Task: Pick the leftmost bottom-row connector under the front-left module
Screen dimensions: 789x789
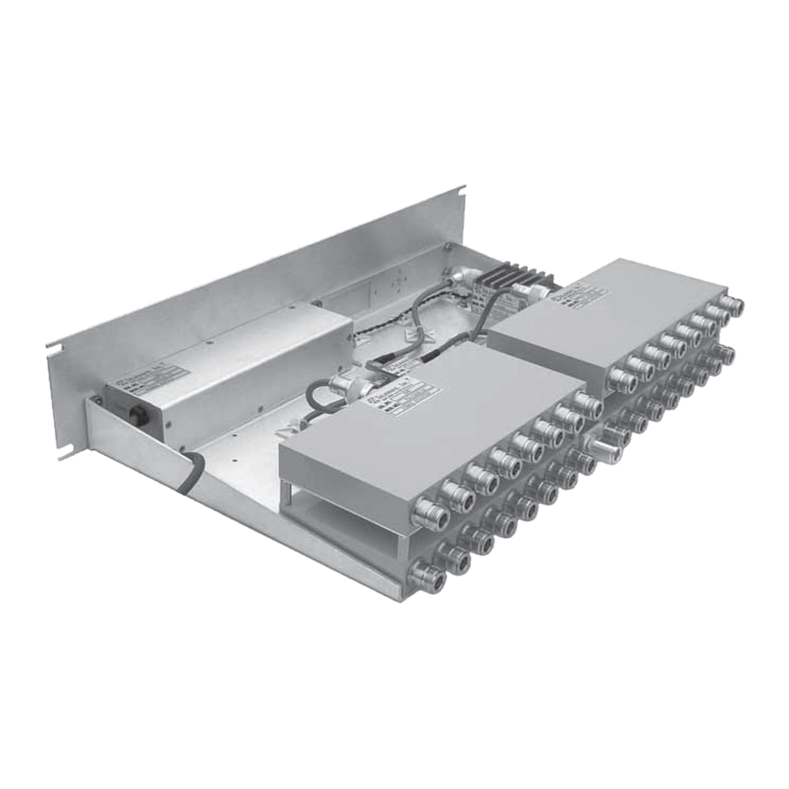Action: point(427,575)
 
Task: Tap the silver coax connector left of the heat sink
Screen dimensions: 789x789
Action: point(463,275)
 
